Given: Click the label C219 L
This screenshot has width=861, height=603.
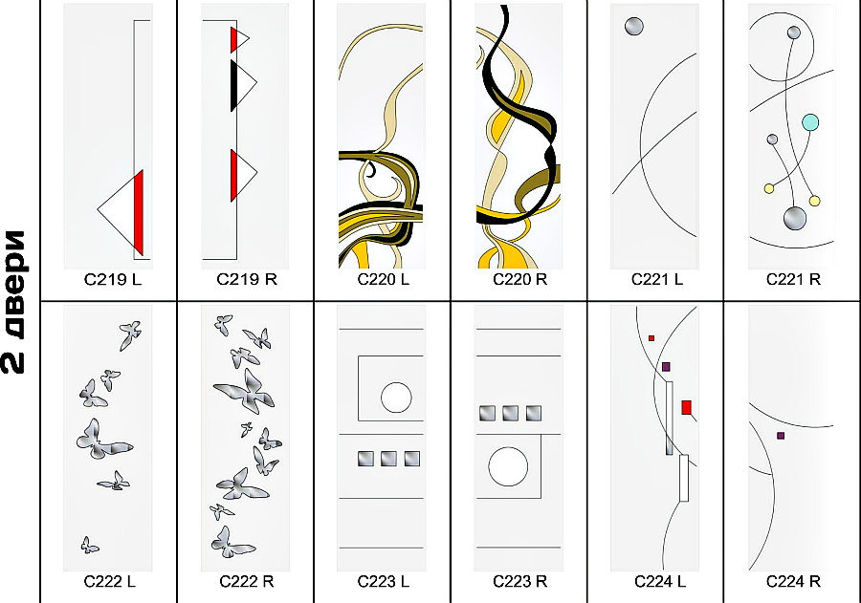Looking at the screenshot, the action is coord(113,279).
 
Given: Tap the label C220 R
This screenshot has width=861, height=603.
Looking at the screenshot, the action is coord(520,279).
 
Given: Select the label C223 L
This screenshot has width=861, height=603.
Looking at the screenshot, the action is coord(384,581).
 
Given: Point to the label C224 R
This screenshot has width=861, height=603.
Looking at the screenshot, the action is coord(793,581).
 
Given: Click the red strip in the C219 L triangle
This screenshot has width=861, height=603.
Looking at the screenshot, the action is coord(139,211).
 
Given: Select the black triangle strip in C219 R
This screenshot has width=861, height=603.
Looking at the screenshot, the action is coord(234,85).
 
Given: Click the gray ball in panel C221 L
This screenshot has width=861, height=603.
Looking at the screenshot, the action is coord(633,27).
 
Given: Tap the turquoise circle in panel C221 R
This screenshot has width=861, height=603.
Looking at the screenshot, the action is coord(810,121).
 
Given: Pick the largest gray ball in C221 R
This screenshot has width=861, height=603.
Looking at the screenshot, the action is coord(795,218).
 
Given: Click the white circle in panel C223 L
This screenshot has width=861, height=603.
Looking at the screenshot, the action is coord(396,398).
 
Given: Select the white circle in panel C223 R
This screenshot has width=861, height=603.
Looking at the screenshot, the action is coord(508,466).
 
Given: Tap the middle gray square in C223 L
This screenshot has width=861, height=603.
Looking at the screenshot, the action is coord(388,458).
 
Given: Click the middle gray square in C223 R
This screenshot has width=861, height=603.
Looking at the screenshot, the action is coord(510,413).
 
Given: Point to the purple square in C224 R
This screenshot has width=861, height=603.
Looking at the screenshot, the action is coord(781,436).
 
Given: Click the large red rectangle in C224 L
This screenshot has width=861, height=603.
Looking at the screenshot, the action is coord(686,407).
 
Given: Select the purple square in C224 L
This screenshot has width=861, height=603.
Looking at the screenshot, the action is coord(666,367).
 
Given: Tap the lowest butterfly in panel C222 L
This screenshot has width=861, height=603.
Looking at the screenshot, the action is coord(90,546).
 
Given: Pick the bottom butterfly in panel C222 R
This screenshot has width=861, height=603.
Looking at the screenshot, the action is coord(231,543).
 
